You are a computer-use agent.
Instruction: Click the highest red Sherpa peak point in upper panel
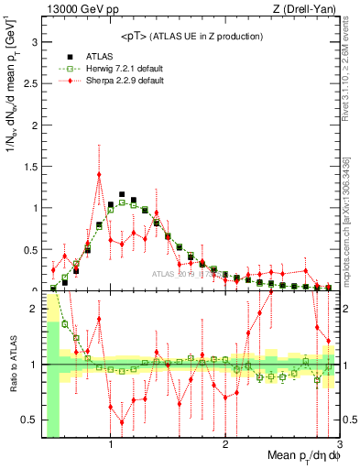coord(99,174)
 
